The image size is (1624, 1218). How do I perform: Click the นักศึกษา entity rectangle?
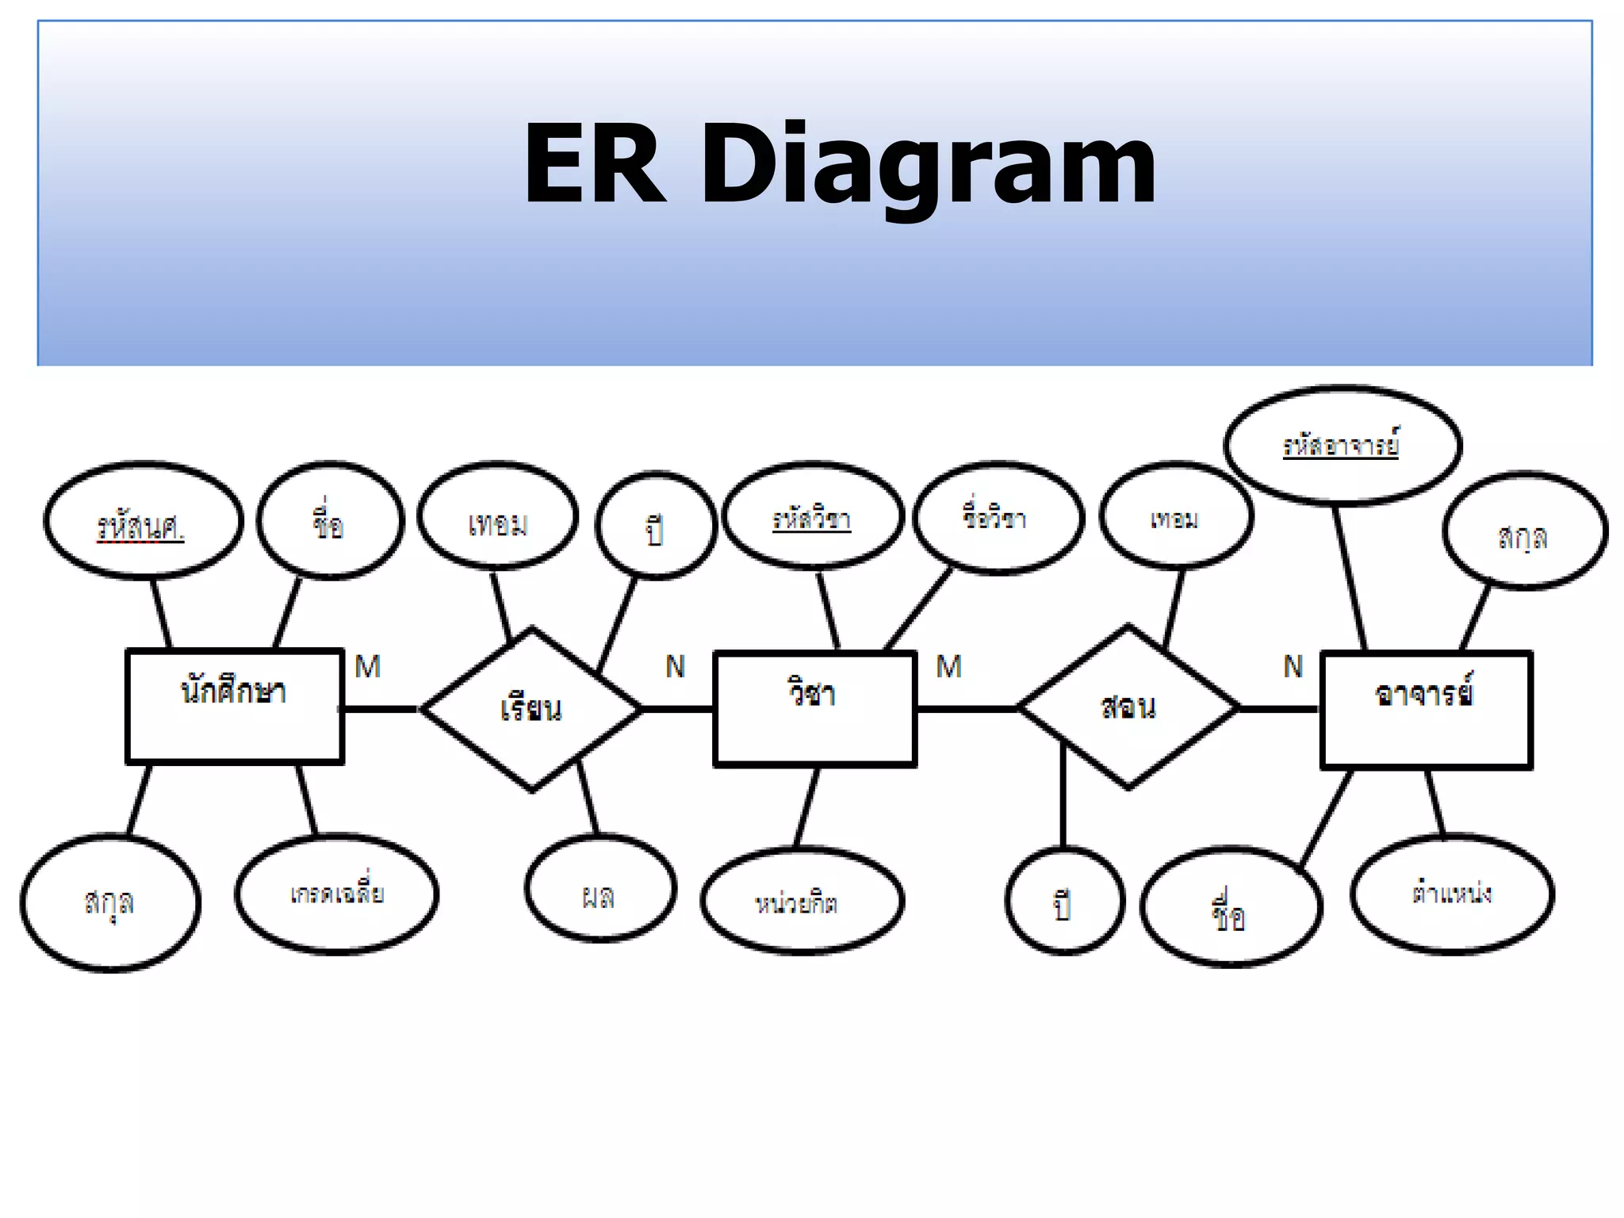(x=235, y=707)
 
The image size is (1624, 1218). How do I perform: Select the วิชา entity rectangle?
(x=815, y=709)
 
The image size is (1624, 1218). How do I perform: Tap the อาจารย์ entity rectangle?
(x=1426, y=710)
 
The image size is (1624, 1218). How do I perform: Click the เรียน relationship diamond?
(x=531, y=708)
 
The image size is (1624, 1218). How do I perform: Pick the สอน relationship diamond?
(x=1128, y=707)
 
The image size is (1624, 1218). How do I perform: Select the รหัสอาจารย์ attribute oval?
(x=1342, y=445)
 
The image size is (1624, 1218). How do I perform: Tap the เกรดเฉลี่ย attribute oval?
(x=336, y=894)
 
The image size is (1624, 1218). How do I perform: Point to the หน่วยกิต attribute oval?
(x=802, y=901)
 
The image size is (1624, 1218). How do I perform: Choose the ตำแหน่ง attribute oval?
(x=1452, y=894)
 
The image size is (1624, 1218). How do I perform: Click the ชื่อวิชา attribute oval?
(x=997, y=518)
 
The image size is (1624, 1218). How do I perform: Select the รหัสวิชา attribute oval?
(x=813, y=517)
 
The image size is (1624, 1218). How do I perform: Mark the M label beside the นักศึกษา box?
(x=368, y=667)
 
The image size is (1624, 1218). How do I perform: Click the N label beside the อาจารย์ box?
(x=1293, y=667)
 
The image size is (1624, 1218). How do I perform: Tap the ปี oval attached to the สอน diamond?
(x=1064, y=902)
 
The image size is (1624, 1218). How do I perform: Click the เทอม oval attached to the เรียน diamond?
(x=497, y=516)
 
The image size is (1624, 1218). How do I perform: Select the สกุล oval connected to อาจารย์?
(x=1524, y=532)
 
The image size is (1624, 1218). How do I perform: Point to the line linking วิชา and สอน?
(x=967, y=708)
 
